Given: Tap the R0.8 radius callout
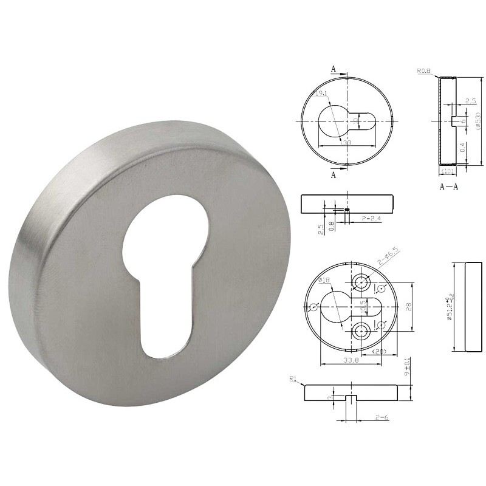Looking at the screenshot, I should tap(423, 72).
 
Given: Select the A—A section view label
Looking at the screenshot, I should tap(448, 187).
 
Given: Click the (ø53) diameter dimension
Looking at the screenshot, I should tap(479, 122).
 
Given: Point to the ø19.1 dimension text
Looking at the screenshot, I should tap(320, 94).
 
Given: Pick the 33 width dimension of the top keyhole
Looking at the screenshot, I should tap(347, 142).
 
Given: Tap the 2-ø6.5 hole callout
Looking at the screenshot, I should tap(389, 258).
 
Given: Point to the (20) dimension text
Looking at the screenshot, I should tap(380, 352).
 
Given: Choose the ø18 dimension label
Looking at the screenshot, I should tap(324, 281).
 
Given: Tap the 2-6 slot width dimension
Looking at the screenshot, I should tap(382, 417).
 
